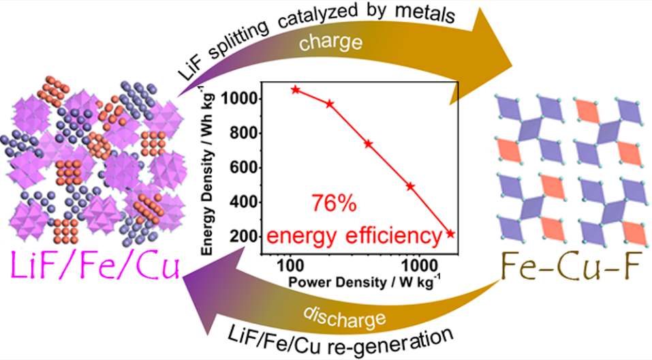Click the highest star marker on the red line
pyautogui.click(x=296, y=89)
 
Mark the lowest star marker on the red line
pyautogui.click(x=450, y=234)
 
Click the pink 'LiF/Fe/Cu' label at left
pyautogui.click(x=93, y=264)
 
